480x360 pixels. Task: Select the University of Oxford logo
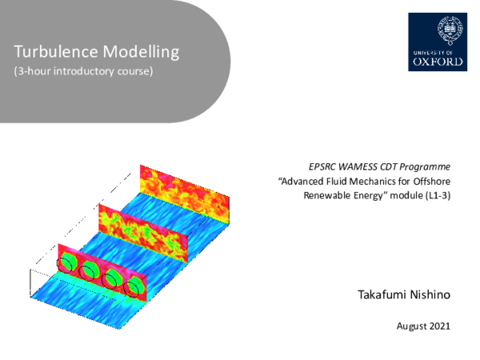coord(436,42)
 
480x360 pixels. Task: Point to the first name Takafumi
coord(380,296)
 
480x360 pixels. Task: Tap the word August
coord(411,326)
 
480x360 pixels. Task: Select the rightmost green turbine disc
coord(135,286)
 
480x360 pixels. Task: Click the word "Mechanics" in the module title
coord(377,182)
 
